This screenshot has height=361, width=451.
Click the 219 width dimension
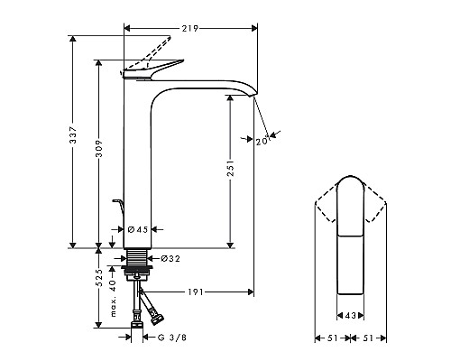pos(190,29)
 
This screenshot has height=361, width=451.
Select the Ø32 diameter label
pos(170,259)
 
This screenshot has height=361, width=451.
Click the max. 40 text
pos(114,294)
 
